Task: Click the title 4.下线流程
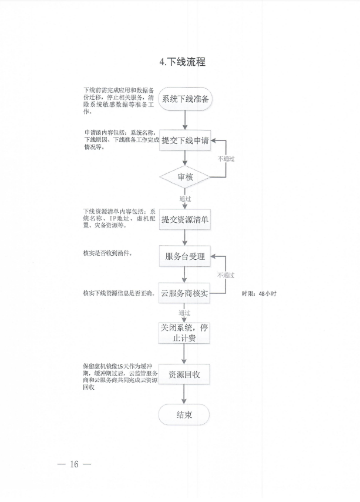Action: click(x=182, y=62)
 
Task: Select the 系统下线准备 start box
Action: click(x=185, y=99)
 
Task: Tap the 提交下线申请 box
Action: click(x=185, y=141)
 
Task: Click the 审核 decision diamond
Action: click(x=185, y=177)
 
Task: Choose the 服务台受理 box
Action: click(x=185, y=256)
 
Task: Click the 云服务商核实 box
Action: click(x=185, y=293)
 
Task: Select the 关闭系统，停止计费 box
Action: click(x=185, y=333)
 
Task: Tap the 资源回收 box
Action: click(x=185, y=374)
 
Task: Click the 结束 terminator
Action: click(x=184, y=415)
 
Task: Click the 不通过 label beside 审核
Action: click(x=226, y=159)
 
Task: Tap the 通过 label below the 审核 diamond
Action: click(x=185, y=199)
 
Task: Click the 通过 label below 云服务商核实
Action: click(x=185, y=313)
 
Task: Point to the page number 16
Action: click(x=75, y=464)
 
